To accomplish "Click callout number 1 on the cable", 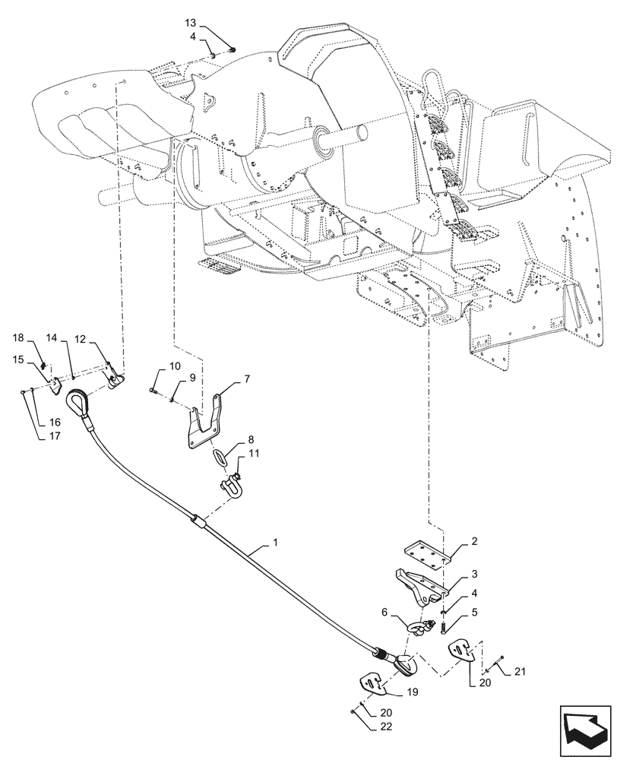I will tap(274, 544).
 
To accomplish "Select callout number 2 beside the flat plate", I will tap(474, 542).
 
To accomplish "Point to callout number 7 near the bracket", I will tap(247, 377).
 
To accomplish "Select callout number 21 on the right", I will tap(520, 670).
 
